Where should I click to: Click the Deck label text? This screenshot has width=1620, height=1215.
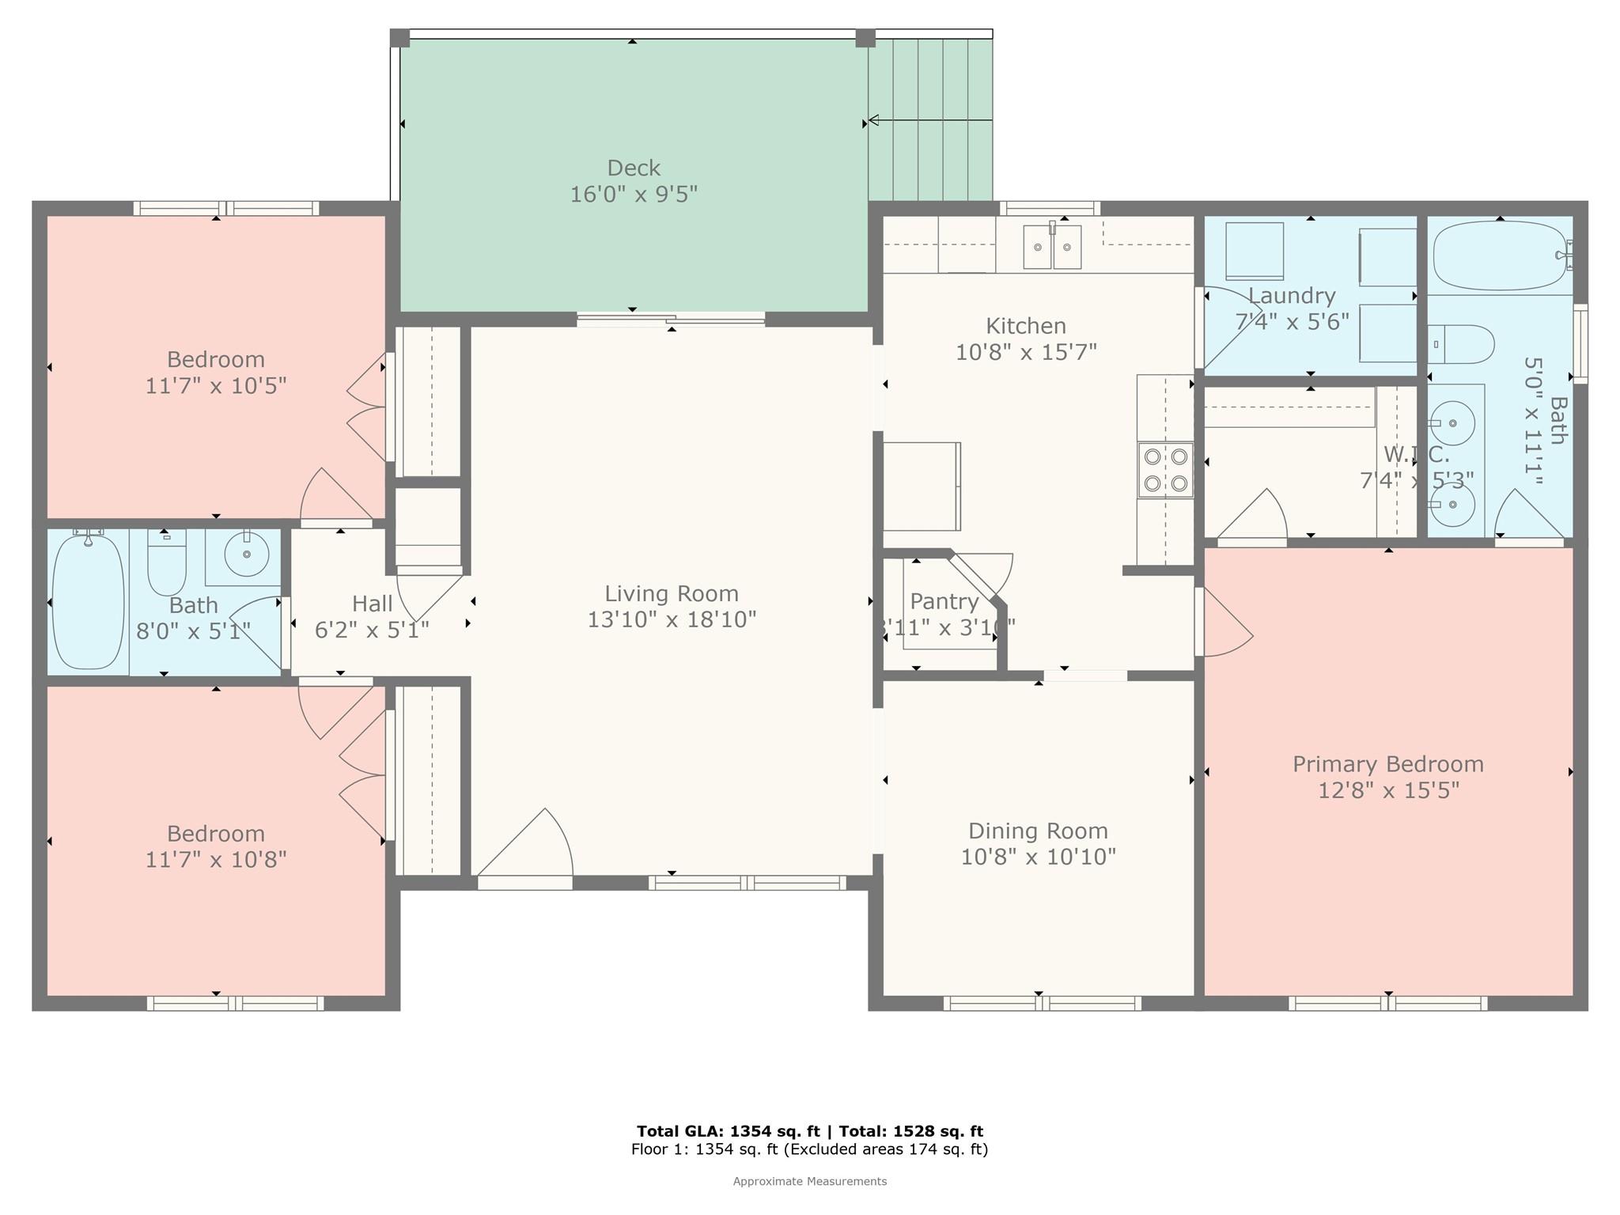point(634,168)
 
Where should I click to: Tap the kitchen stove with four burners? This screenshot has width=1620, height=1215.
point(1165,470)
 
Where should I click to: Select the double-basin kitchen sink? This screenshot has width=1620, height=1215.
point(1051,247)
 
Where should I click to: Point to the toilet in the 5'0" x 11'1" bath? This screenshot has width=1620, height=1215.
point(1462,344)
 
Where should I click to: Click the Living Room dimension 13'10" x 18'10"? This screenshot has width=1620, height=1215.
point(672,619)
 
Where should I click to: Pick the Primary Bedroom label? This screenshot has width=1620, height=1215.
point(1387,764)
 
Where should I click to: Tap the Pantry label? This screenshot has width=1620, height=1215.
point(944,601)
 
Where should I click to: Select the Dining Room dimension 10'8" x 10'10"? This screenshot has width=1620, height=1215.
point(1038,857)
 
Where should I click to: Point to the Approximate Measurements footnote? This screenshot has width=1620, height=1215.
point(809,1181)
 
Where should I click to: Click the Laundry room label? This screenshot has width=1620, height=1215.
point(1292,296)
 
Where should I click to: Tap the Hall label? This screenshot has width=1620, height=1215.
point(372,604)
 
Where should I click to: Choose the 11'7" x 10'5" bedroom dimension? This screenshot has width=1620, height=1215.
point(215,386)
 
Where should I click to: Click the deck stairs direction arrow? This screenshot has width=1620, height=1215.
point(874,120)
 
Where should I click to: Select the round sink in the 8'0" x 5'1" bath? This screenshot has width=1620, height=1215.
point(246,555)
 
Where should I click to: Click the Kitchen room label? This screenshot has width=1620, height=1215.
point(1025,326)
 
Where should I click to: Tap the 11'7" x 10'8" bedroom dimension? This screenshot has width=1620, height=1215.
point(215,860)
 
